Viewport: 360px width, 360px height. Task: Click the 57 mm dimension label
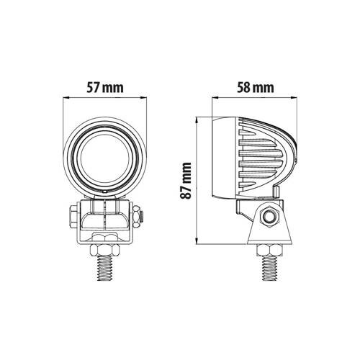coord(104,89)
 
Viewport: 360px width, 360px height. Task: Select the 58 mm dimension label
coord(255,89)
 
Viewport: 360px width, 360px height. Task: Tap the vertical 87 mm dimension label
coord(188,182)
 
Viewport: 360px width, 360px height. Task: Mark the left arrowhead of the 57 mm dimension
coord(66,101)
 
